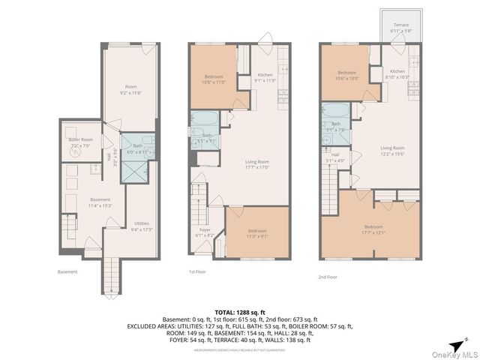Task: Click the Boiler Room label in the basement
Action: click(x=80, y=142)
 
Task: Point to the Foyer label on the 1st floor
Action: click(x=204, y=232)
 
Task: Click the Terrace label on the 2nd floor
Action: click(x=401, y=27)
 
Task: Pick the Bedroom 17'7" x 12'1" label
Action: click(x=373, y=229)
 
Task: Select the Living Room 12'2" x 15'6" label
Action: click(x=388, y=151)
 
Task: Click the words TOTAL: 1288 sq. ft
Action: click(x=240, y=311)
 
